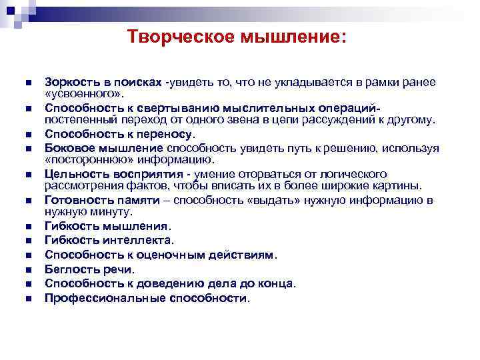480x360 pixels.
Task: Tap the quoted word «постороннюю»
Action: pos(83,159)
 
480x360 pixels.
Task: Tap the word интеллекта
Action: pos(130,240)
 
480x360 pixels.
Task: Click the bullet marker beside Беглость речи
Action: pos(27,270)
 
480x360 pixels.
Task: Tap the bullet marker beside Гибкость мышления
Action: pos(27,227)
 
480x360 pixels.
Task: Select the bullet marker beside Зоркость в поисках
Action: pos(27,82)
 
